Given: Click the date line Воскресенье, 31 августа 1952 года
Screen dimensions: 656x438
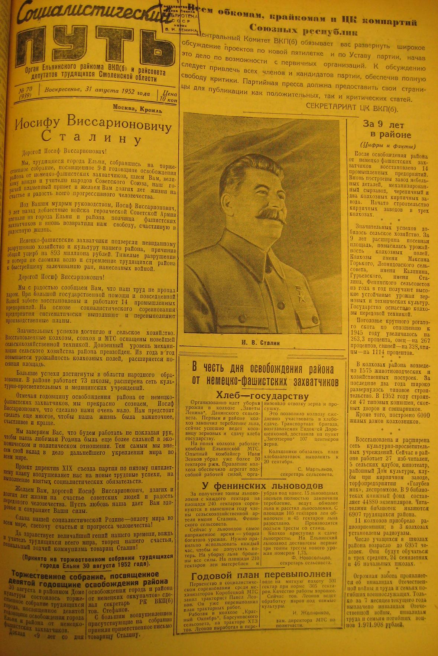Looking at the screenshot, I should [x=97, y=91].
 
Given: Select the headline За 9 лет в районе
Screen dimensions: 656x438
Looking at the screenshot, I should [x=387, y=130].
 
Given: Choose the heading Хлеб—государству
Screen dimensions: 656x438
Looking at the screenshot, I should [x=263, y=396].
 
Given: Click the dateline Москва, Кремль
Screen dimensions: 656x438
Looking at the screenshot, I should [x=137, y=109].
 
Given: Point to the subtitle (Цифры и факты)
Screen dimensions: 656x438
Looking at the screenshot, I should [x=388, y=146].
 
